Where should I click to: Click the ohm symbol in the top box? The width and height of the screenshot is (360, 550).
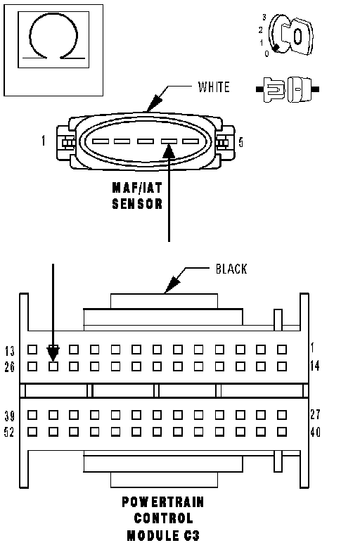click(53, 15)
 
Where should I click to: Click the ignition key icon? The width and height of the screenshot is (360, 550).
click(290, 35)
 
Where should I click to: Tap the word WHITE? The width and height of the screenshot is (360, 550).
click(214, 87)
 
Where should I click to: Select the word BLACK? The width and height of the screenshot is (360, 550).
click(231, 269)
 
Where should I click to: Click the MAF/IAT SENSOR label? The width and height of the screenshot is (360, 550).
click(137, 196)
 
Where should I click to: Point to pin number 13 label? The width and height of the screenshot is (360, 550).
click(10, 351)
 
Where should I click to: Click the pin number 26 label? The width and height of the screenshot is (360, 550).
click(10, 367)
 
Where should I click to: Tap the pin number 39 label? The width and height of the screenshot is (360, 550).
click(10, 416)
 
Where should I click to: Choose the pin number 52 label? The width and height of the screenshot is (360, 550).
click(9, 432)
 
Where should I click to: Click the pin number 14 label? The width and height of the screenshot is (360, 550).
click(315, 366)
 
